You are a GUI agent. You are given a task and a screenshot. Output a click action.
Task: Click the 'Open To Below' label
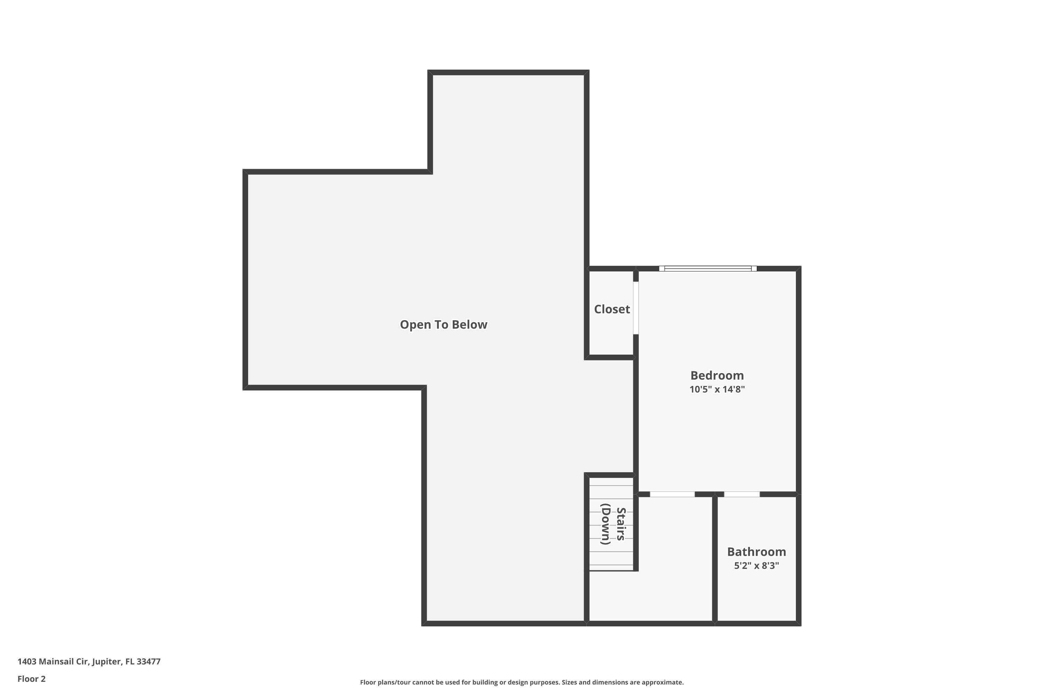click(x=443, y=324)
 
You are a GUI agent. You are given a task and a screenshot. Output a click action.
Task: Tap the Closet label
click(x=612, y=309)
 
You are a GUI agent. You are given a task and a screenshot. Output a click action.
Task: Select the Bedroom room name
click(x=717, y=375)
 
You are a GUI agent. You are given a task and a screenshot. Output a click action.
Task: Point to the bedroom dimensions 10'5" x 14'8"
click(x=717, y=389)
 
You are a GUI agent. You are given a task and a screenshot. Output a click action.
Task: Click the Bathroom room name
click(x=756, y=552)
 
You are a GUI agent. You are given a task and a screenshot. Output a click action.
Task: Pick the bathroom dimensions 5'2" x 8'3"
click(x=756, y=565)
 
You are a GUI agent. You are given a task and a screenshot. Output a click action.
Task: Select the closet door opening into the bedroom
click(x=636, y=308)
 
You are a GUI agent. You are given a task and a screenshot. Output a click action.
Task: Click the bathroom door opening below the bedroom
click(x=742, y=494)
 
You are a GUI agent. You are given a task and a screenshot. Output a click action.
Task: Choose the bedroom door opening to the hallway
click(x=672, y=494)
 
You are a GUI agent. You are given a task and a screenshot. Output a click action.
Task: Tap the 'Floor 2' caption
click(x=32, y=679)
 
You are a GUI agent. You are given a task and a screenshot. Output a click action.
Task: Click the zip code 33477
click(x=148, y=662)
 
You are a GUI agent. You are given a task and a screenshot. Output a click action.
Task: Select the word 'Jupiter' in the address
click(x=106, y=662)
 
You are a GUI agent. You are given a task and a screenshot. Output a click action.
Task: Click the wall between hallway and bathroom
click(x=715, y=559)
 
